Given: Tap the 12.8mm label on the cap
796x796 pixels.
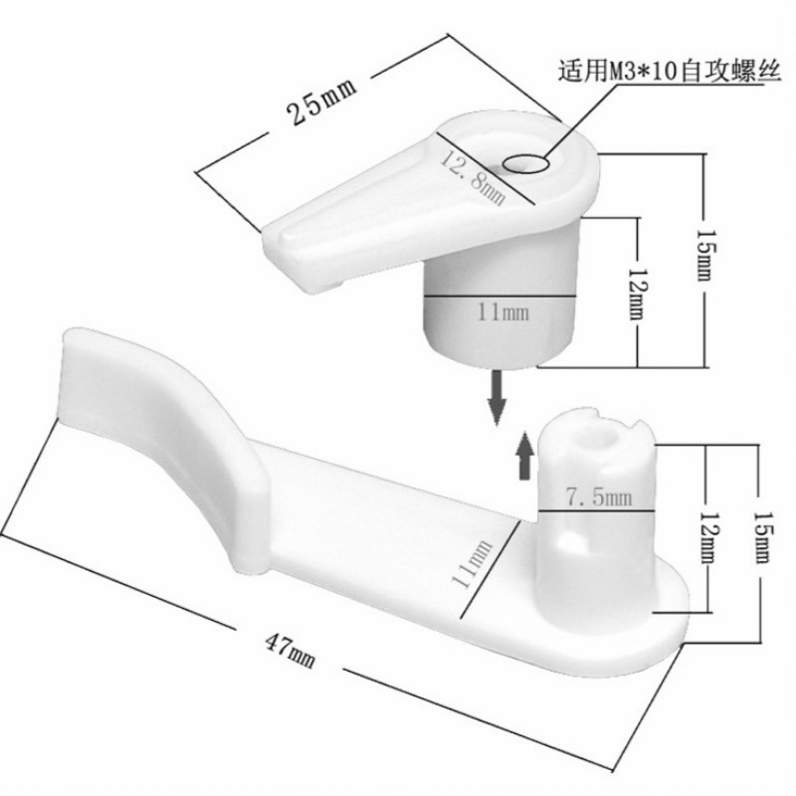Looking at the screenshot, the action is (475, 174).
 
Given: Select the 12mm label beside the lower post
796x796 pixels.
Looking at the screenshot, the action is (705, 532).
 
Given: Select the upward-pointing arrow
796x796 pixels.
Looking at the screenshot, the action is (523, 461).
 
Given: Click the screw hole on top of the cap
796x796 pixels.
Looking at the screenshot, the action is (528, 163).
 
